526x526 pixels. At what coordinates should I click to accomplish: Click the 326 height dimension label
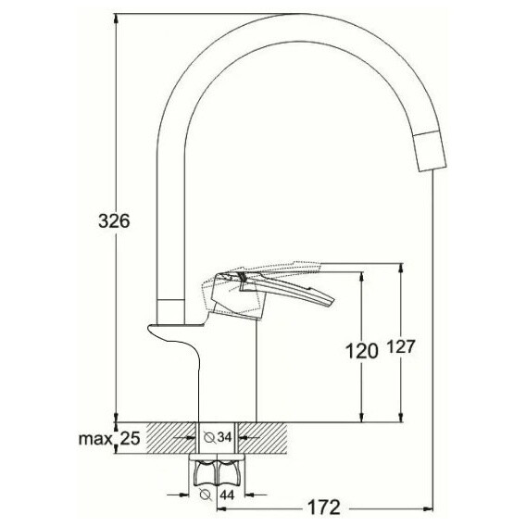click(114, 221)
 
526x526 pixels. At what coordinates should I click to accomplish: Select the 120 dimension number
click(361, 352)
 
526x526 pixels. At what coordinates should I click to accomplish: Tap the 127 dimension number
click(402, 346)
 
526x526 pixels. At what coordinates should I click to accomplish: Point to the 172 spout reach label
click(324, 507)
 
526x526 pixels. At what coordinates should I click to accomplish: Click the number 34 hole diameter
click(224, 437)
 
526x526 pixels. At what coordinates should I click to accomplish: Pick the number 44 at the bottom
click(227, 495)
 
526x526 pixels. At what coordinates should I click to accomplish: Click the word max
click(95, 438)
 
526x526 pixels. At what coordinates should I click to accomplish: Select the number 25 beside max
click(130, 438)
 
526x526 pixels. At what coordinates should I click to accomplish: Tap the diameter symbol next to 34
click(210, 437)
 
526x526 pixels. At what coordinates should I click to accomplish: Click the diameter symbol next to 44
click(206, 495)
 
